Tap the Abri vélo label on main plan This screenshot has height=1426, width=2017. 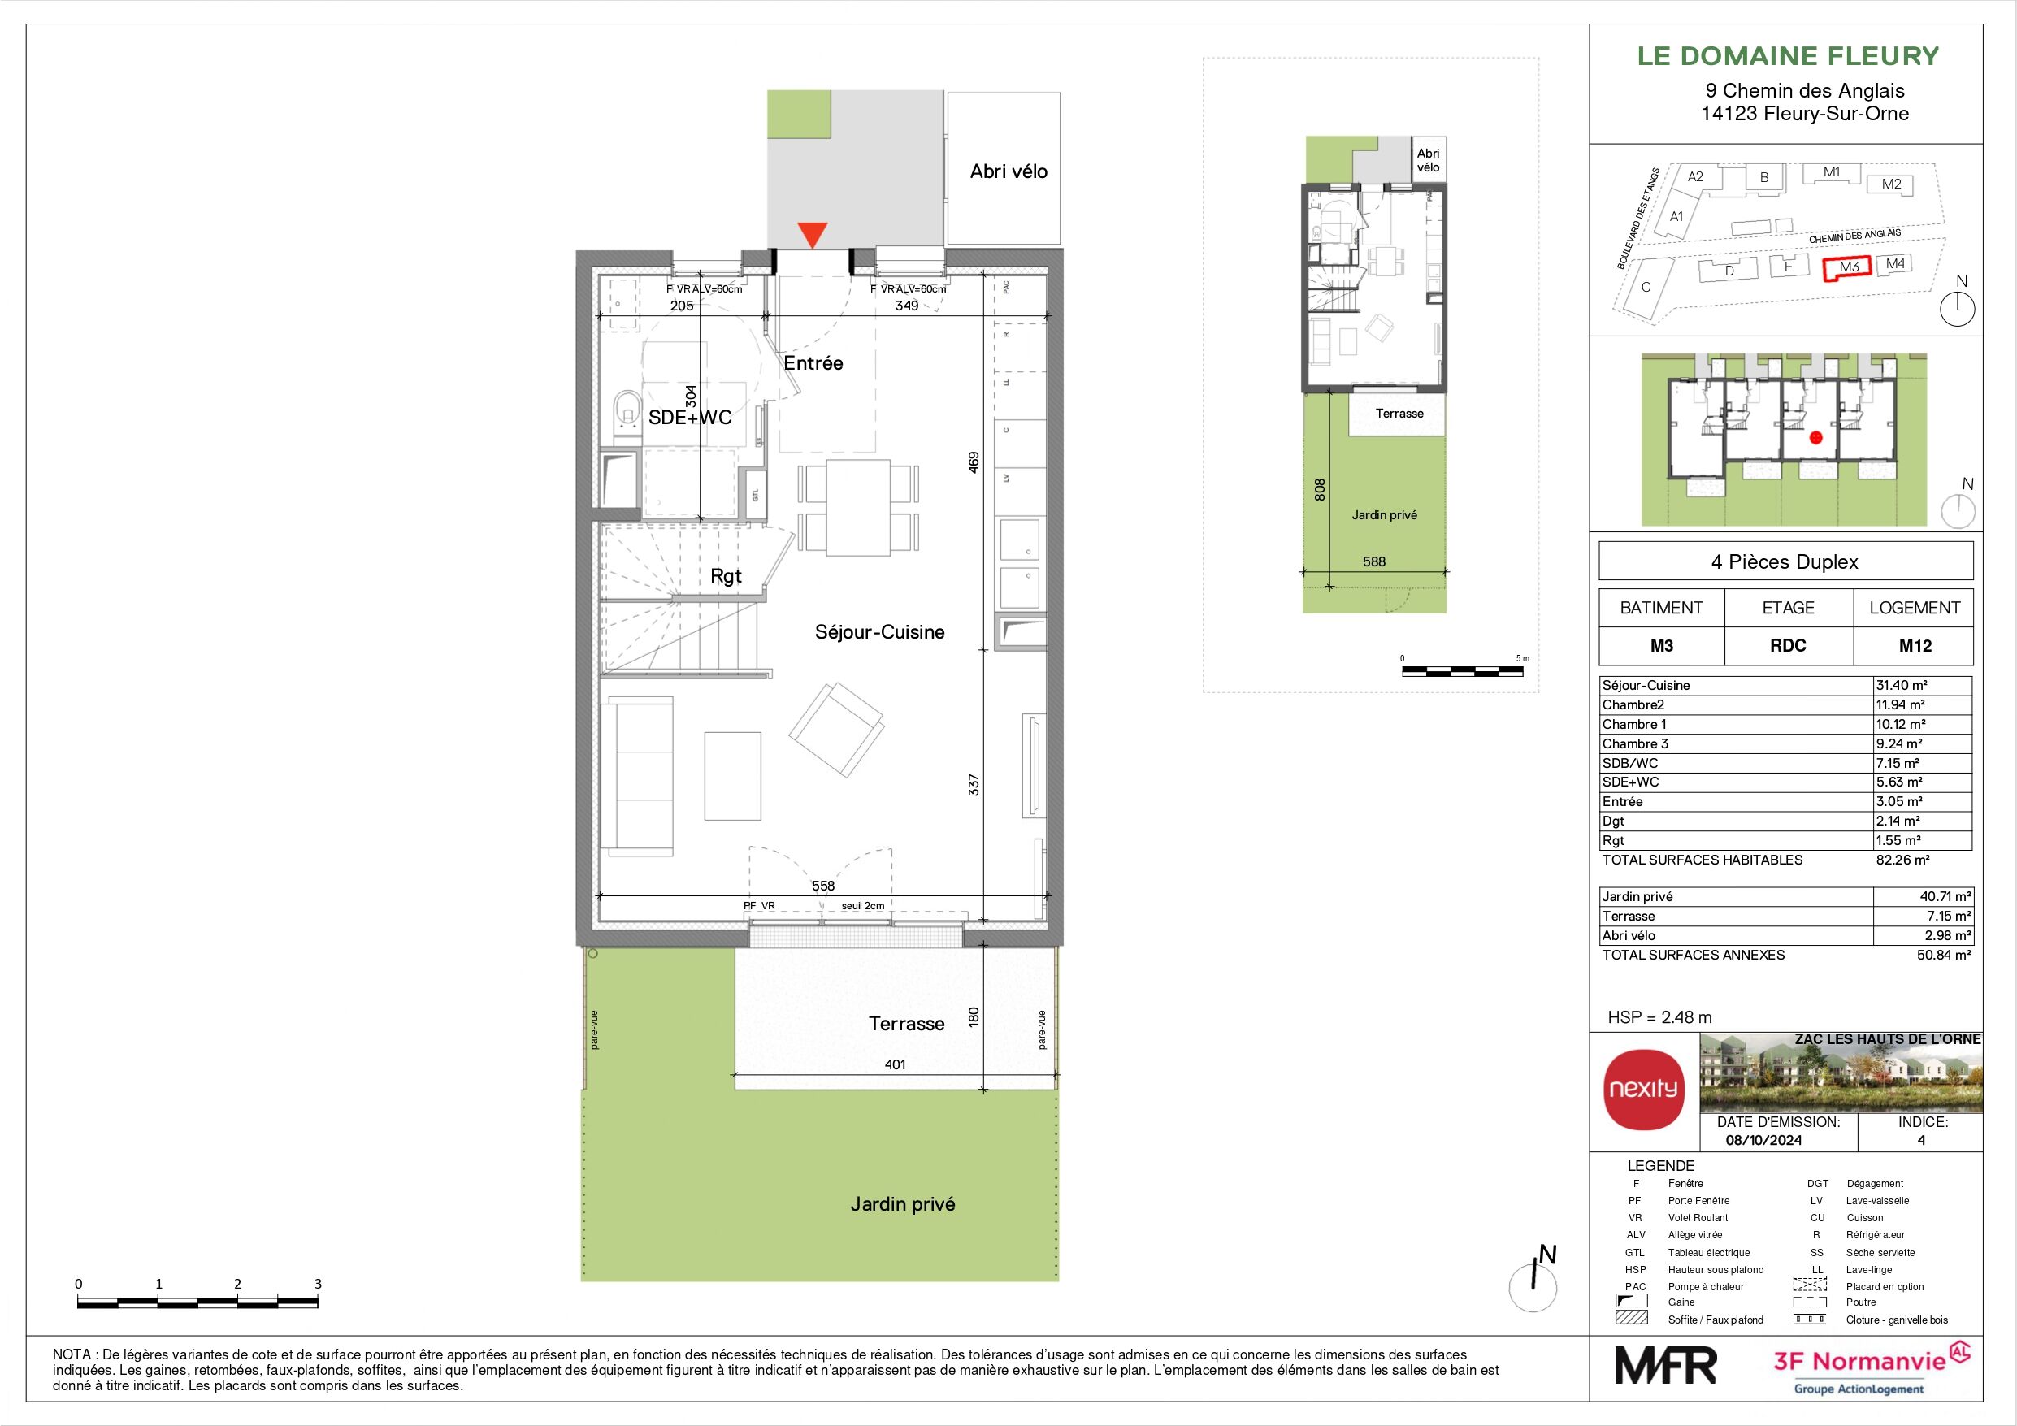(1008, 171)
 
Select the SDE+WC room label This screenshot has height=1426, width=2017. (690, 418)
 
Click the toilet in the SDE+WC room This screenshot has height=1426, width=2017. (627, 413)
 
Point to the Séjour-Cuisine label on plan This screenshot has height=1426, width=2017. (879, 631)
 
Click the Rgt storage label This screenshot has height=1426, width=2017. (726, 576)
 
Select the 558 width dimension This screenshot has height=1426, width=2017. (822, 886)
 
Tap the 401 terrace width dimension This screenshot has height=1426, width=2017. (894, 1064)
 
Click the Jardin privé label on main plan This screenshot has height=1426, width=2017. (902, 1203)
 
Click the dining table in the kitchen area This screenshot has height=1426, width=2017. (858, 507)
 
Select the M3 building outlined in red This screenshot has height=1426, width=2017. (1848, 268)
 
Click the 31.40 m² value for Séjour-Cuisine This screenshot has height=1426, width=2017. (1900, 685)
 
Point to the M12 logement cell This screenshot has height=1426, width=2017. (1915, 646)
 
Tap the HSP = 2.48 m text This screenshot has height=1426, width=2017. (1659, 1017)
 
